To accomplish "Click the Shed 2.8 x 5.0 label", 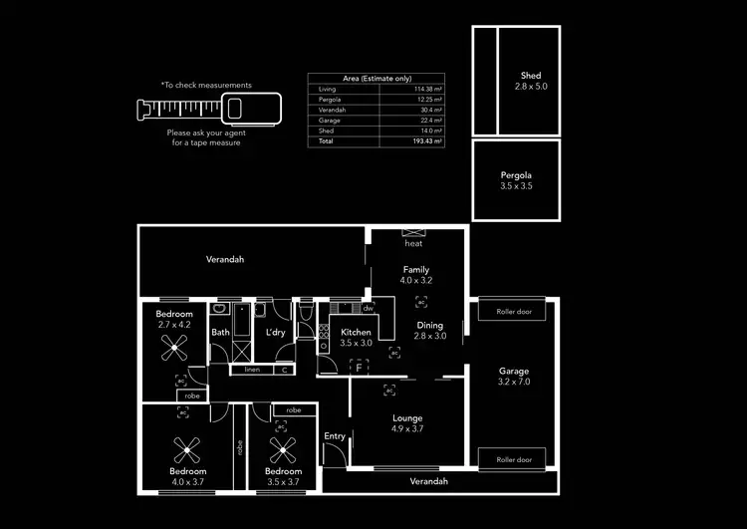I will [x=530, y=82].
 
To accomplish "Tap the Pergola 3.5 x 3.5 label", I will [x=516, y=181].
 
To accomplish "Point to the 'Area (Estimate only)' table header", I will [x=374, y=77].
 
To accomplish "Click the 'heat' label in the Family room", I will [x=412, y=243].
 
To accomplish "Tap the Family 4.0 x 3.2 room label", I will [x=416, y=275].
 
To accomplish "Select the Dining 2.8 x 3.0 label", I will [x=430, y=331].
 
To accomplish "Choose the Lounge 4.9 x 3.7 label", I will [x=407, y=423].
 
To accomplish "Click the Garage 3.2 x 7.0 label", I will [x=514, y=377].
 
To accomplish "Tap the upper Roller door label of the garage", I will [x=514, y=312].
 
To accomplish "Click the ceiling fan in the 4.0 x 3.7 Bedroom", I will [x=187, y=446].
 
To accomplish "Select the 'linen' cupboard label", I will [x=252, y=370].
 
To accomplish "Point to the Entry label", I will [x=335, y=436].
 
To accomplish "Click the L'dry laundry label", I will [x=276, y=333].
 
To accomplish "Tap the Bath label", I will [x=220, y=333].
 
